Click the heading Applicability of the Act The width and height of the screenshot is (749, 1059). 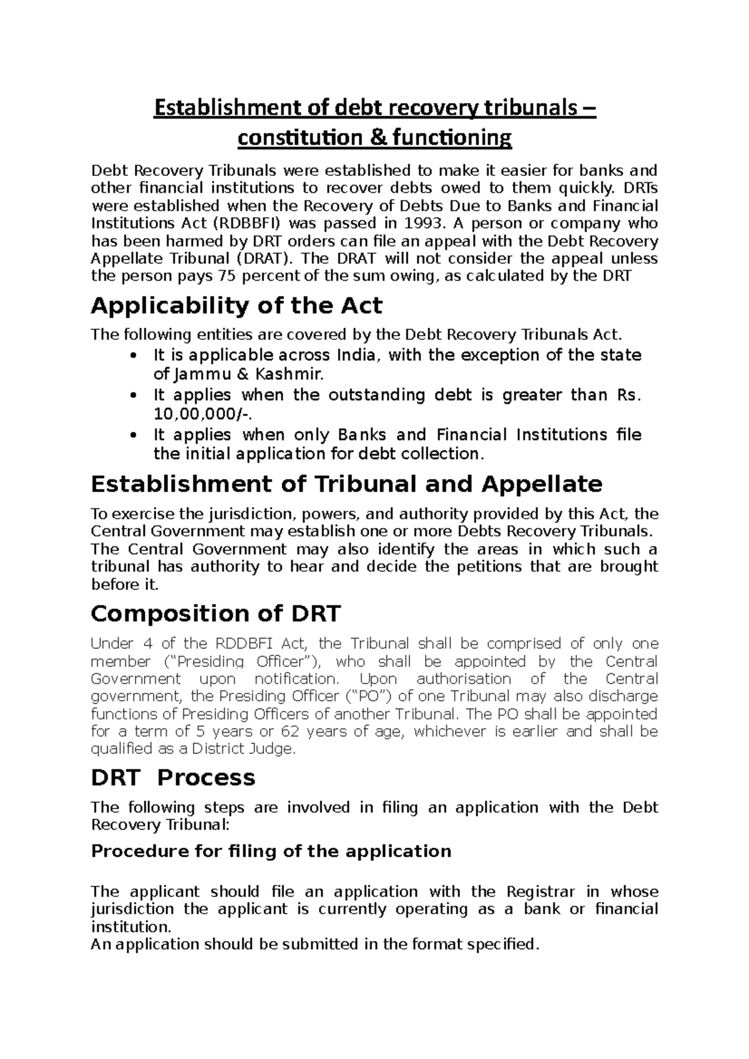[237, 306]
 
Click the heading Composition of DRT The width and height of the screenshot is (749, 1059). [215, 614]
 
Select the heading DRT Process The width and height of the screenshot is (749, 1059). [173, 778]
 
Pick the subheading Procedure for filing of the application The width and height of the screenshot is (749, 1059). [271, 851]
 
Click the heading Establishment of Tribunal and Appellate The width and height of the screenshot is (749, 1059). [346, 485]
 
